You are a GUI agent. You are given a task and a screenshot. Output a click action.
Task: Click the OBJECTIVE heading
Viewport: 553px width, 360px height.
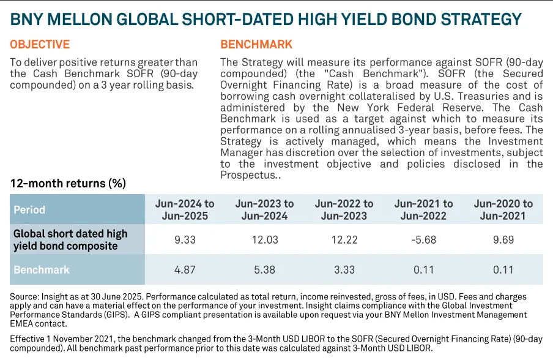(x=40, y=45)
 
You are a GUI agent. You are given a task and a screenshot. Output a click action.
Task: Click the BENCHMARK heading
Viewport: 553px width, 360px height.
(x=256, y=45)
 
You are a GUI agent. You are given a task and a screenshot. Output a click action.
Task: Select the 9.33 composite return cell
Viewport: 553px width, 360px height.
(x=184, y=239)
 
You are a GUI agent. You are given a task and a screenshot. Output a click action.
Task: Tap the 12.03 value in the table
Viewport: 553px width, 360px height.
(x=264, y=239)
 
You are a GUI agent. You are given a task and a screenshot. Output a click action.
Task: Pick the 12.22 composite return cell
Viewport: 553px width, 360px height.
(x=344, y=239)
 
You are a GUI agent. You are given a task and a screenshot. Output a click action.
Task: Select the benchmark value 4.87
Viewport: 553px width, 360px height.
(x=184, y=269)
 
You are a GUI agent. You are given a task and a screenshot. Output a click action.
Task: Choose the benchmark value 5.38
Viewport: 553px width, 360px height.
(x=264, y=269)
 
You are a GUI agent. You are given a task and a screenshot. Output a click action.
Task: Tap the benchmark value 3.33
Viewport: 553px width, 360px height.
(x=344, y=269)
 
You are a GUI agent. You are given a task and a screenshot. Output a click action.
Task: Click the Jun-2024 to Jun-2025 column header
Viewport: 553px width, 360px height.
(x=184, y=209)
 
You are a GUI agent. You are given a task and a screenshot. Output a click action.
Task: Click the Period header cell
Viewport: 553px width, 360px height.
(x=29, y=209)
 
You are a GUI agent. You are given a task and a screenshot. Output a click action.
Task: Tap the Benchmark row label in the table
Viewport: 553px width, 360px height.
(x=42, y=269)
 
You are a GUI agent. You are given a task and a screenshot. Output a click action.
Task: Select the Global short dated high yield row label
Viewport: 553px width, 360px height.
(x=70, y=239)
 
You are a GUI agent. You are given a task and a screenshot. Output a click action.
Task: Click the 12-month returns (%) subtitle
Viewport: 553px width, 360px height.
(x=68, y=184)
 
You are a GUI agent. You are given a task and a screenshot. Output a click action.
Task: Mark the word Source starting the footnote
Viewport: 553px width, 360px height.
(x=24, y=297)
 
